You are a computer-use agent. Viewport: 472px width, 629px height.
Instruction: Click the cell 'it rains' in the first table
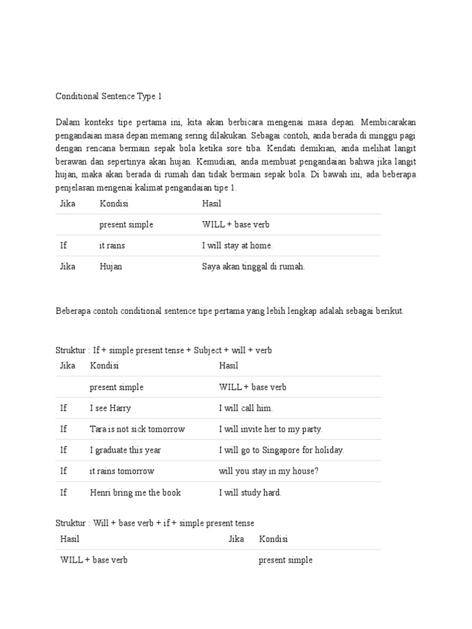112,246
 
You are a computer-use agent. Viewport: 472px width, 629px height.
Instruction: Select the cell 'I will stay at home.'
237,246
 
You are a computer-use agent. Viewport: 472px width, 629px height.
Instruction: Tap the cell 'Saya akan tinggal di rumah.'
253,267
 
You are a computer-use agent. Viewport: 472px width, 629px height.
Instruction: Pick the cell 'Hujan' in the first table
111,267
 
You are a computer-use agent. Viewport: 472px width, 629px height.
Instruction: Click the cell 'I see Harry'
110,408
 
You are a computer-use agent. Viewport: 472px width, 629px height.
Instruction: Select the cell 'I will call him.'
246,408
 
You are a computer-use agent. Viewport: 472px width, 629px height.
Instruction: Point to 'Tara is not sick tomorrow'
137,429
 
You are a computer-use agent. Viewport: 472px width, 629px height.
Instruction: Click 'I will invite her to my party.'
270,429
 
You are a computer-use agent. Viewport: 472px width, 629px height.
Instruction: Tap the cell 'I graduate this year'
125,450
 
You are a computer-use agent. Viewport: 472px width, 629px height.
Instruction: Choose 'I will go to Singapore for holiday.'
281,450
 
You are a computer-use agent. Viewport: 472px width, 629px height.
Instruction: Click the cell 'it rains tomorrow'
122,471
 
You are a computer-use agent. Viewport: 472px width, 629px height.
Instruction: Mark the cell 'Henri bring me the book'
135,493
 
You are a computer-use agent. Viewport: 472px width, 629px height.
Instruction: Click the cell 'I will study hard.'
250,493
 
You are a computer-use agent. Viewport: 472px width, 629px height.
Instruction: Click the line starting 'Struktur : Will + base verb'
155,523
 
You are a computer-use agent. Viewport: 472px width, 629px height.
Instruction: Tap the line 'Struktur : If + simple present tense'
163,350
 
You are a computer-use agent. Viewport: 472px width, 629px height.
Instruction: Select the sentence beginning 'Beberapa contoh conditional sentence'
230,311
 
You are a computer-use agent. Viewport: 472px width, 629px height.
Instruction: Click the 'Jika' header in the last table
236,539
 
